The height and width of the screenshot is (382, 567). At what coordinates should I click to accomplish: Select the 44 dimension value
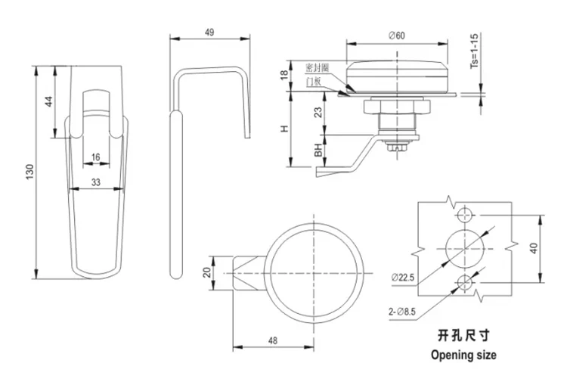(x=48, y=101)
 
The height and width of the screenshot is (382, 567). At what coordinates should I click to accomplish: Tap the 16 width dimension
(x=95, y=157)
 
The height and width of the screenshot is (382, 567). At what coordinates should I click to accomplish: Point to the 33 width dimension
(x=95, y=182)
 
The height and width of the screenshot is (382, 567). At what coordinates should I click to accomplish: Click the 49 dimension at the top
(x=209, y=32)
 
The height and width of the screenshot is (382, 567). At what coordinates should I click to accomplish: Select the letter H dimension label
(x=284, y=129)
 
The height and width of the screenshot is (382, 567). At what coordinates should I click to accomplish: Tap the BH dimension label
(x=318, y=151)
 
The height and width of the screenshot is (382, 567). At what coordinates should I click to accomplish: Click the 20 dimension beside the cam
(x=207, y=272)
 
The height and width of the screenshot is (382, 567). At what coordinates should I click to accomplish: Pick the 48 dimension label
(x=272, y=341)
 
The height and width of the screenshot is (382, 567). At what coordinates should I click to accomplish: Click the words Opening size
(x=463, y=353)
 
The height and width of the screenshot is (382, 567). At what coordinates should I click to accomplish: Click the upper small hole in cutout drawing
(x=464, y=213)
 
